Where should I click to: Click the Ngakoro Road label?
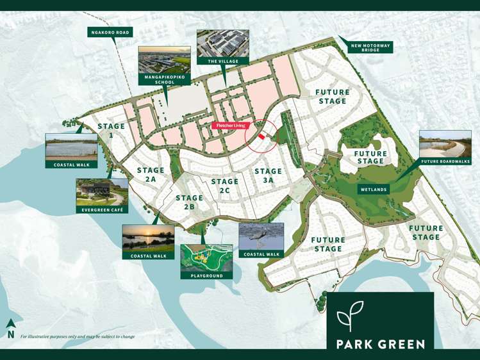[x=110, y=32]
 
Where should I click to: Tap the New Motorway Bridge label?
[x=370, y=47]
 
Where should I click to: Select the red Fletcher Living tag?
[x=229, y=126]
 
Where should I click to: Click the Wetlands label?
[x=373, y=190]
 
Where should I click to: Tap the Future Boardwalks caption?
[x=445, y=161]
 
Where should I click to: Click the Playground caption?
[x=206, y=275]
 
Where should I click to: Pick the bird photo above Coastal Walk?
[x=261, y=236]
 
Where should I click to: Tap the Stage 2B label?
[x=189, y=202]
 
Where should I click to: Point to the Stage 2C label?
[x=224, y=186]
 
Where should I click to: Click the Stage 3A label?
[x=268, y=176]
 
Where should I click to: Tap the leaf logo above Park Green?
[x=350, y=315]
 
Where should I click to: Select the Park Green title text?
[x=380, y=344]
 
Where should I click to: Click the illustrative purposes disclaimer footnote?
[x=78, y=336]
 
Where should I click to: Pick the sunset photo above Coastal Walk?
[x=148, y=238]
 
